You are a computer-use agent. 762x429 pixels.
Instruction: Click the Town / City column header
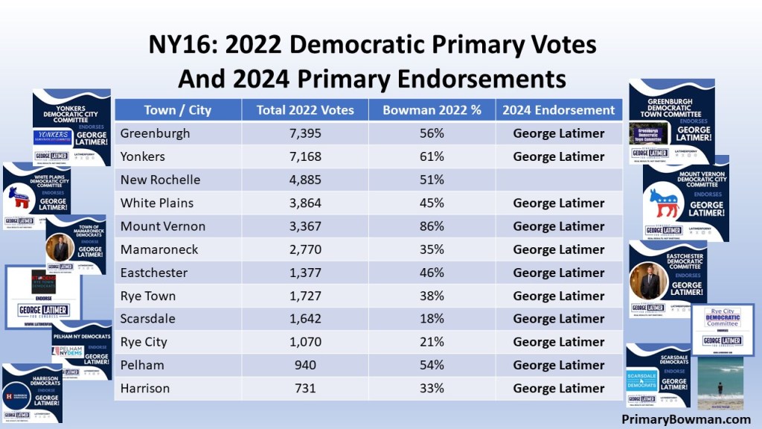pyautogui.click(x=177, y=110)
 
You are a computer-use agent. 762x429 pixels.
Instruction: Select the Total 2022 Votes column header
pyautogui.click(x=305, y=110)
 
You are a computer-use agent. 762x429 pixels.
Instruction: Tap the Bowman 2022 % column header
pyautogui.click(x=432, y=110)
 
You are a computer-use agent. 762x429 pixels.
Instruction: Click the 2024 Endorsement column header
pyautogui.click(x=559, y=110)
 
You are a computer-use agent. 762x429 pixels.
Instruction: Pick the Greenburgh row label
pyautogui.click(x=155, y=133)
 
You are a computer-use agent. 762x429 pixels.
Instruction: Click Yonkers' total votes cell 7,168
pyautogui.click(x=305, y=156)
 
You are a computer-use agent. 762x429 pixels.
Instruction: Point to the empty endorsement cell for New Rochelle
pyautogui.click(x=559, y=179)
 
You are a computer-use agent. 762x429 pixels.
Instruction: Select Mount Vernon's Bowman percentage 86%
pyautogui.click(x=432, y=226)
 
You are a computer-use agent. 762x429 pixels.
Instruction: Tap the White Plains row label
pyautogui.click(x=157, y=203)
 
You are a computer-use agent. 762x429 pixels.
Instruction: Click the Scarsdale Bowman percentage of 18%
pyautogui.click(x=432, y=319)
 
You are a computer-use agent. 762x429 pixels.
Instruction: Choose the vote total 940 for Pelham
pyautogui.click(x=305, y=365)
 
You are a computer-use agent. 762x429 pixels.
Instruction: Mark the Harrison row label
pyautogui.click(x=144, y=388)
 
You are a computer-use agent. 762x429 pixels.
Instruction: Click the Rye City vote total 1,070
pyautogui.click(x=305, y=342)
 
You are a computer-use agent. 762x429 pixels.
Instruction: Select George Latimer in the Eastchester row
pyautogui.click(x=559, y=273)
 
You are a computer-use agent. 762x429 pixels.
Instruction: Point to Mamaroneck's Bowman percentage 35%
pyautogui.click(x=432, y=250)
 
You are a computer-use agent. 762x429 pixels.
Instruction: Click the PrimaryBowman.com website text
pyautogui.click(x=686, y=419)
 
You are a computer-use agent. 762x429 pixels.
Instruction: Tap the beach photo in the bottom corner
pyautogui.click(x=720, y=383)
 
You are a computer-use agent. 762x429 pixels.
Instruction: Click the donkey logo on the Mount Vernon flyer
pyautogui.click(x=665, y=203)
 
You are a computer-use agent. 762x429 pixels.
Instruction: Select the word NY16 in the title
pyautogui.click(x=179, y=45)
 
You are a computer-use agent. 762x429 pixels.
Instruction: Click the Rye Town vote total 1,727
pyautogui.click(x=305, y=296)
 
